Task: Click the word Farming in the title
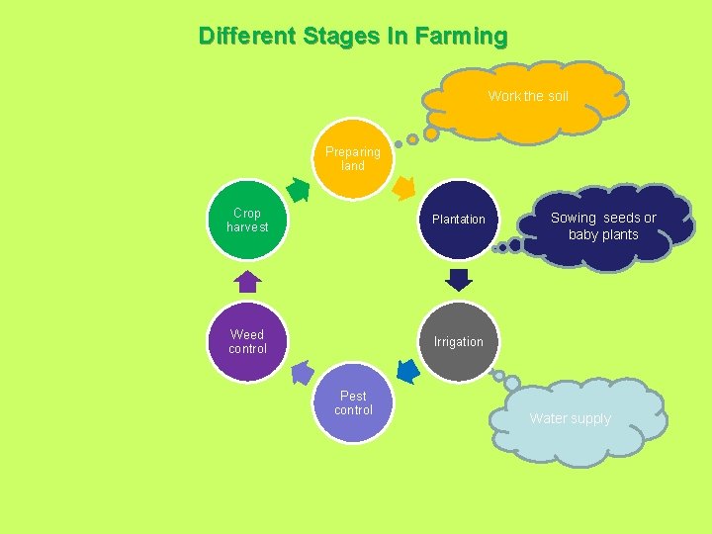tap(461, 37)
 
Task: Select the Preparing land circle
tap(353, 159)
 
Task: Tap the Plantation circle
tap(458, 220)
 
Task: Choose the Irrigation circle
tap(458, 342)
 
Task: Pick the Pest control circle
tap(353, 403)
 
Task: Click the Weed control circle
tap(247, 342)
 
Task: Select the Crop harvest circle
tap(247, 220)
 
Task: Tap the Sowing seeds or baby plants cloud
tap(603, 226)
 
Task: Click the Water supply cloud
tap(570, 419)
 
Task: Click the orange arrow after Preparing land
tap(404, 186)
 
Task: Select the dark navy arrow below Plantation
tap(458, 280)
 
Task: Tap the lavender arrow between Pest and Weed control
tap(302, 373)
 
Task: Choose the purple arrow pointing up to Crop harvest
tap(247, 282)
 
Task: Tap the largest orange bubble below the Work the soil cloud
tap(431, 133)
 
